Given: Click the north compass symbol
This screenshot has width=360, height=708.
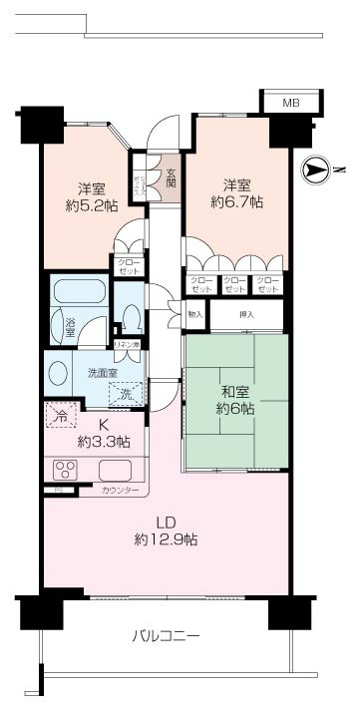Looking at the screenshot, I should [x=315, y=171].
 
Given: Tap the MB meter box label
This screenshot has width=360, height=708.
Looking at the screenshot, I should [x=290, y=102].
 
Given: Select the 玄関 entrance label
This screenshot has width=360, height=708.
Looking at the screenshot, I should [x=171, y=179].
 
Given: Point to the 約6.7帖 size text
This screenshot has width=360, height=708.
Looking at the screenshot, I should [x=236, y=201].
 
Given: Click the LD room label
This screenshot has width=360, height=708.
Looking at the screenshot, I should [x=167, y=521].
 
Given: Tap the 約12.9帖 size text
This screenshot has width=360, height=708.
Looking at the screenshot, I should [x=167, y=539].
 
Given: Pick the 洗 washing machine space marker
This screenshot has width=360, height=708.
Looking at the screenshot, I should [x=128, y=394].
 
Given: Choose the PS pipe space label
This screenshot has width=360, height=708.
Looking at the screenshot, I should [x=59, y=490].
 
